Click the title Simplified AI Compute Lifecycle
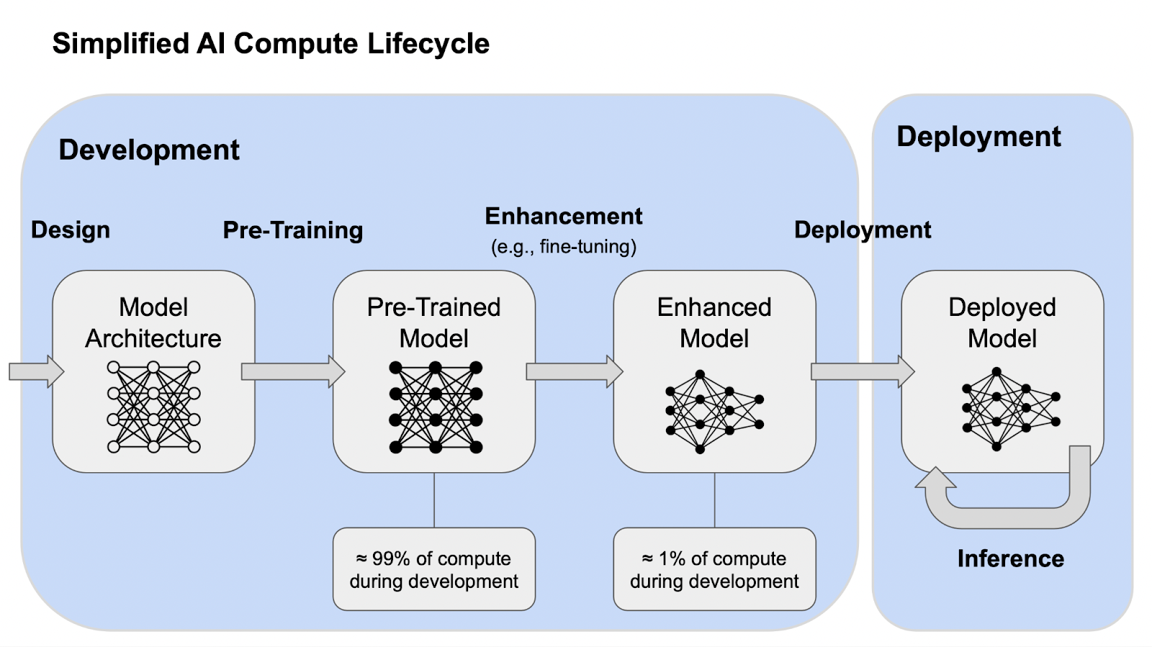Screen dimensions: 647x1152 [x=271, y=44]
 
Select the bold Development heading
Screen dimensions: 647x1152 [x=149, y=150]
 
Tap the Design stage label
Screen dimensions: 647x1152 [x=71, y=230]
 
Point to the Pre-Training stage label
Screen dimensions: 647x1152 [x=293, y=230]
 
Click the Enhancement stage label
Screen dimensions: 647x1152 [x=564, y=216]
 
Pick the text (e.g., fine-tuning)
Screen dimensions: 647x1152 [x=564, y=247]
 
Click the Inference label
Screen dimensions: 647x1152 [x=1010, y=558]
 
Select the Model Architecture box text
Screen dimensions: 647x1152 [x=153, y=322]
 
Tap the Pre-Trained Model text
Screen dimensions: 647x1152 [x=433, y=322]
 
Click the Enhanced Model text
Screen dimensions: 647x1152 [x=714, y=322]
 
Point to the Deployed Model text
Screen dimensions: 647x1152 [x=1002, y=322]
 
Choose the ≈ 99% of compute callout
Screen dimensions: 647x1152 [x=433, y=569]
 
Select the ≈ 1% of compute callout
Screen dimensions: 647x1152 [x=714, y=569]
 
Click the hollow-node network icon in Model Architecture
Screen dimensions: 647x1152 [x=153, y=407]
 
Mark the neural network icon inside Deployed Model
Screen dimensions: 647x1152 [x=1010, y=409]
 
